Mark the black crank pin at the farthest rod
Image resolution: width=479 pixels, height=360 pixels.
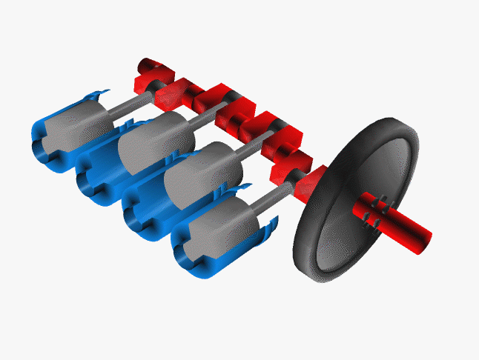[159, 86]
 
